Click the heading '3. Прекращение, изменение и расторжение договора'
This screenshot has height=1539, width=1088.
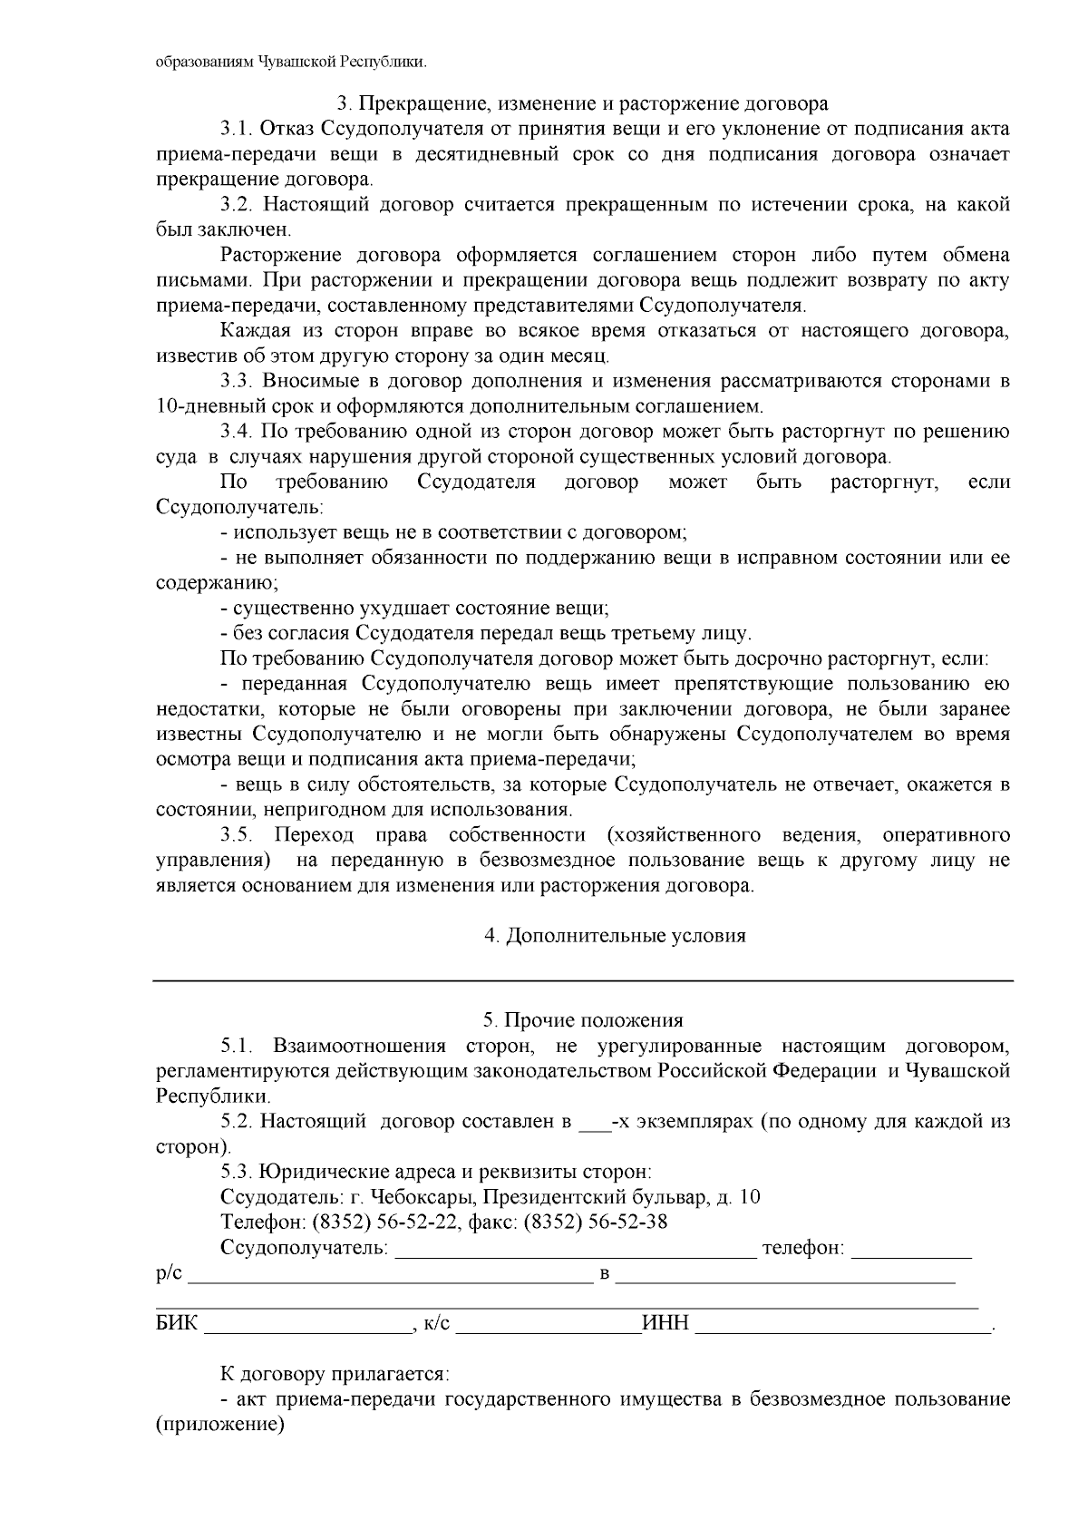[x=582, y=103]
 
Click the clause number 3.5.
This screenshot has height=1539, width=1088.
[x=238, y=834]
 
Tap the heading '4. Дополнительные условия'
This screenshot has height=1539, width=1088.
[x=615, y=936]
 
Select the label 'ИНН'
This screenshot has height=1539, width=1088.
[x=666, y=1324]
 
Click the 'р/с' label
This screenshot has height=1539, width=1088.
[x=170, y=1274]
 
